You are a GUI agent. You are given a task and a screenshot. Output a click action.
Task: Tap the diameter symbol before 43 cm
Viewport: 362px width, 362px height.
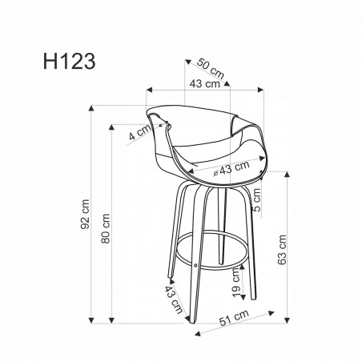(216, 172)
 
